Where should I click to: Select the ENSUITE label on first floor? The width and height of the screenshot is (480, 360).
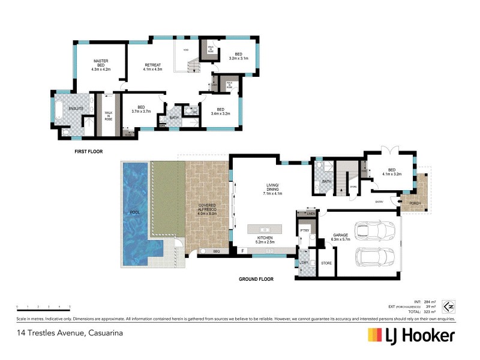tap(76, 109)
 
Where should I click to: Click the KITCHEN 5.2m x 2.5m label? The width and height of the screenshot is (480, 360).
tap(265, 241)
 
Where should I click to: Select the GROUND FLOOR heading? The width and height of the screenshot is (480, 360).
tap(256, 279)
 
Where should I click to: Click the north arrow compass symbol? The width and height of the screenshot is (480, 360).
tap(448, 307)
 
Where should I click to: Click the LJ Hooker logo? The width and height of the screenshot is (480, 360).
tap(411, 335)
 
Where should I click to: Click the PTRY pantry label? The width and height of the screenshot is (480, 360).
tap(304, 230)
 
